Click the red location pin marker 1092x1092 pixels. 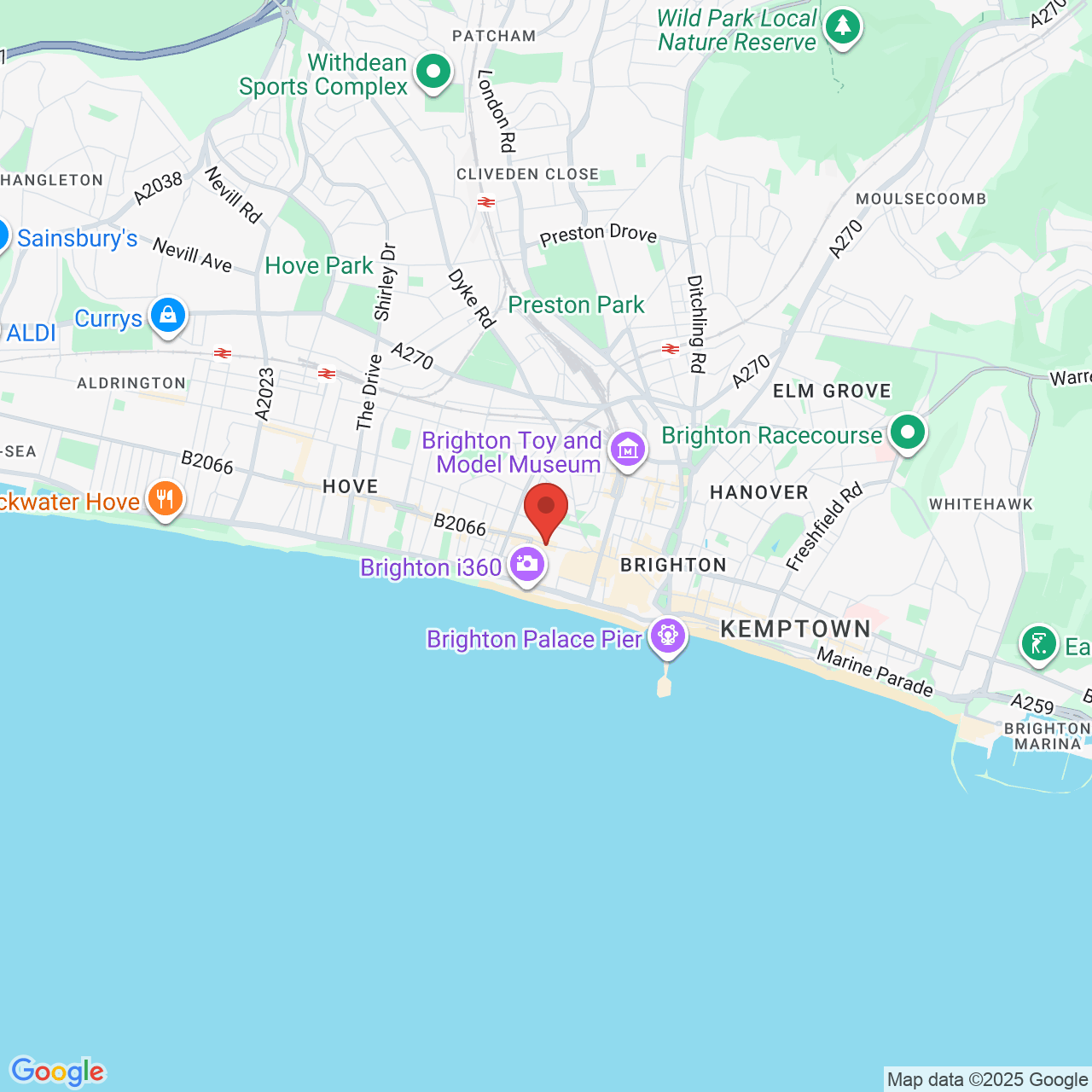(x=546, y=508)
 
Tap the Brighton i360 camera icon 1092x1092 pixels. (x=527, y=564)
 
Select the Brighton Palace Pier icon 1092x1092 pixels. (x=667, y=636)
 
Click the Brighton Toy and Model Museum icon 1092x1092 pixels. (x=628, y=448)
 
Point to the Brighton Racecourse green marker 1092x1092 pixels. (x=908, y=433)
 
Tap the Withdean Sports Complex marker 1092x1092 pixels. (x=433, y=72)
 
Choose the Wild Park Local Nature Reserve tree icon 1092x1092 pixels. (x=843, y=26)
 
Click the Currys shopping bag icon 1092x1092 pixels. (x=168, y=316)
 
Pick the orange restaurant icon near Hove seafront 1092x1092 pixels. (x=166, y=499)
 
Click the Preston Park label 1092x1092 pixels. (x=576, y=305)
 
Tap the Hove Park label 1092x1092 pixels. (x=319, y=266)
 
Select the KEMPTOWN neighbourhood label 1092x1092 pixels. (x=795, y=630)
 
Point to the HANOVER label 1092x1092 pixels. (x=758, y=492)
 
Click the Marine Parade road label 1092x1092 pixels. (x=874, y=671)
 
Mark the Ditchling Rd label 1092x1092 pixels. (x=697, y=324)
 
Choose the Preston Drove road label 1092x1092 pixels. (x=598, y=235)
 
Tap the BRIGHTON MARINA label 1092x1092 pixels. (x=1048, y=736)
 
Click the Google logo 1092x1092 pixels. (x=58, y=1072)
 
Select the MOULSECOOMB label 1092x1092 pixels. (x=921, y=199)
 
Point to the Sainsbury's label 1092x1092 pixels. (x=77, y=239)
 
